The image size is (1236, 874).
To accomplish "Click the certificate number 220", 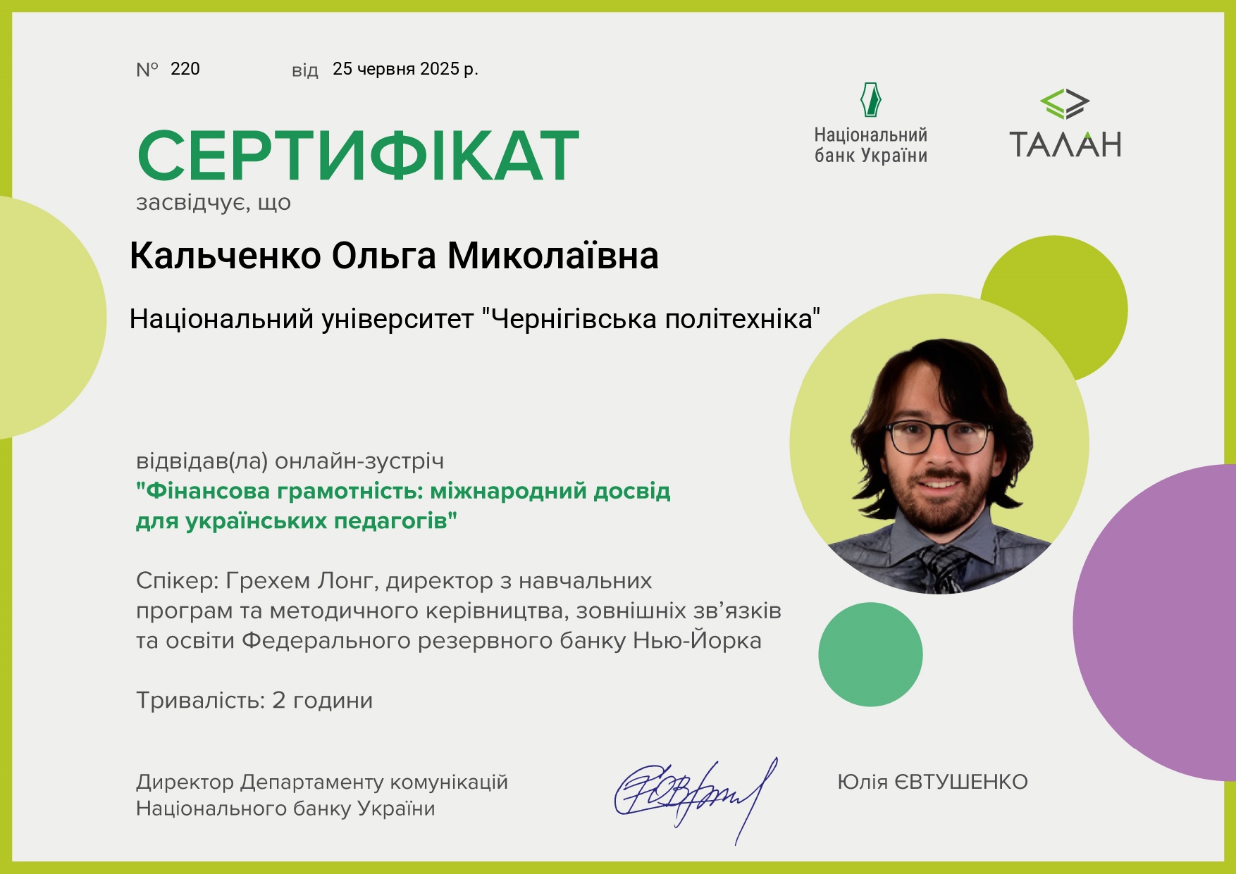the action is (x=185, y=69).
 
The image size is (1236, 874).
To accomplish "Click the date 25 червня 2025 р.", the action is (x=405, y=69).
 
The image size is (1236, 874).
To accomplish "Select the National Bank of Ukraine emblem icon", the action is (x=871, y=99).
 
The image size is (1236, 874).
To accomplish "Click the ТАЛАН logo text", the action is (x=1065, y=144).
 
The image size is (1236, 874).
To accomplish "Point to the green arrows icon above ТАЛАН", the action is (x=1065, y=104).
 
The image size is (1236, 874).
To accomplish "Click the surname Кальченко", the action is (x=225, y=256).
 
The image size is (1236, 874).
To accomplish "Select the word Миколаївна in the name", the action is (x=553, y=256).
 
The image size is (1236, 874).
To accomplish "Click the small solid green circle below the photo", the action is (x=870, y=654).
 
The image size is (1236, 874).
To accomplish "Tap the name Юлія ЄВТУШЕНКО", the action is (x=932, y=782).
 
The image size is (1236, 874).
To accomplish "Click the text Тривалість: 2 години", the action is (x=254, y=701).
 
